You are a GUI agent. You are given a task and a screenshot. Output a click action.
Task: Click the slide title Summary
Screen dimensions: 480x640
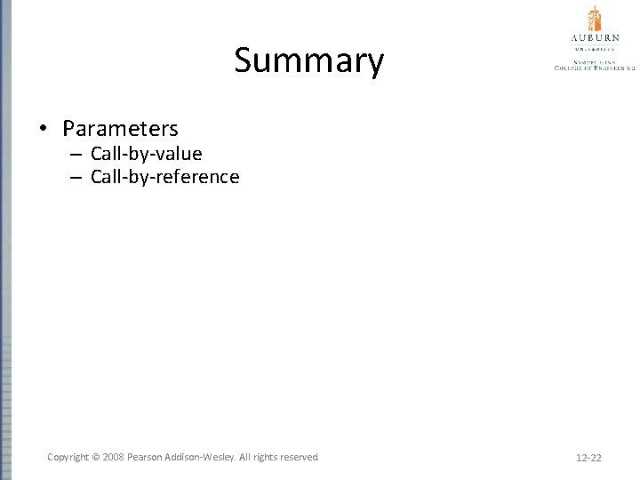tap(308, 61)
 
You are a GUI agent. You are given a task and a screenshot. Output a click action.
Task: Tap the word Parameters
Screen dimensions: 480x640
tap(120, 129)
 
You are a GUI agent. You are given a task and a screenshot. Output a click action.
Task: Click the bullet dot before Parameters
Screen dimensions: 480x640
tap(43, 130)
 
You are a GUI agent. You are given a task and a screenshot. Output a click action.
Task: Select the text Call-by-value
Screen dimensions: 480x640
tap(146, 154)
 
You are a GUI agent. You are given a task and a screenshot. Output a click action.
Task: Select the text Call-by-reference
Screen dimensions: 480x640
tap(164, 177)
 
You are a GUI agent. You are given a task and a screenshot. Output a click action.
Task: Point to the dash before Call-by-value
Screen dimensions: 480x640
tap(76, 155)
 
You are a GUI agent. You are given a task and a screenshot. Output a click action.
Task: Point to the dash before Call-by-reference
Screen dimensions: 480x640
tap(76, 178)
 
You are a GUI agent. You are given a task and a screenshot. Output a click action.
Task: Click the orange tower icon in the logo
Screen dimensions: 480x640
tap(593, 19)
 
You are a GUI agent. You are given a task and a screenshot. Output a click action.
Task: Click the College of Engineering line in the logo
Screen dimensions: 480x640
tap(594, 67)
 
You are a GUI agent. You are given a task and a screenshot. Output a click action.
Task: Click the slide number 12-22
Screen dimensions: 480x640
tap(588, 458)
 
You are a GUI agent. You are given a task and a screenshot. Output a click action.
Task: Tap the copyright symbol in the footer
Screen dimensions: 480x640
tap(94, 457)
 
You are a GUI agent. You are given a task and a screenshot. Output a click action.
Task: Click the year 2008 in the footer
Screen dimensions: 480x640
tap(113, 457)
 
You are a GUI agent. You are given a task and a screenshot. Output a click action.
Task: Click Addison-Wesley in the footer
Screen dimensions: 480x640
tap(203, 457)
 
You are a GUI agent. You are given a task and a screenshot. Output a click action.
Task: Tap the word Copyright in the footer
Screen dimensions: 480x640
tap(68, 457)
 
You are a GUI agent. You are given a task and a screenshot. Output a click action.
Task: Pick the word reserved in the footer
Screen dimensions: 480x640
tap(298, 457)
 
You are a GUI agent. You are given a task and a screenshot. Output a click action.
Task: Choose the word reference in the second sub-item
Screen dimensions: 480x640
tap(198, 177)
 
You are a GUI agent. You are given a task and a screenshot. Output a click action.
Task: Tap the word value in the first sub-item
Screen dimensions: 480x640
tap(180, 154)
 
